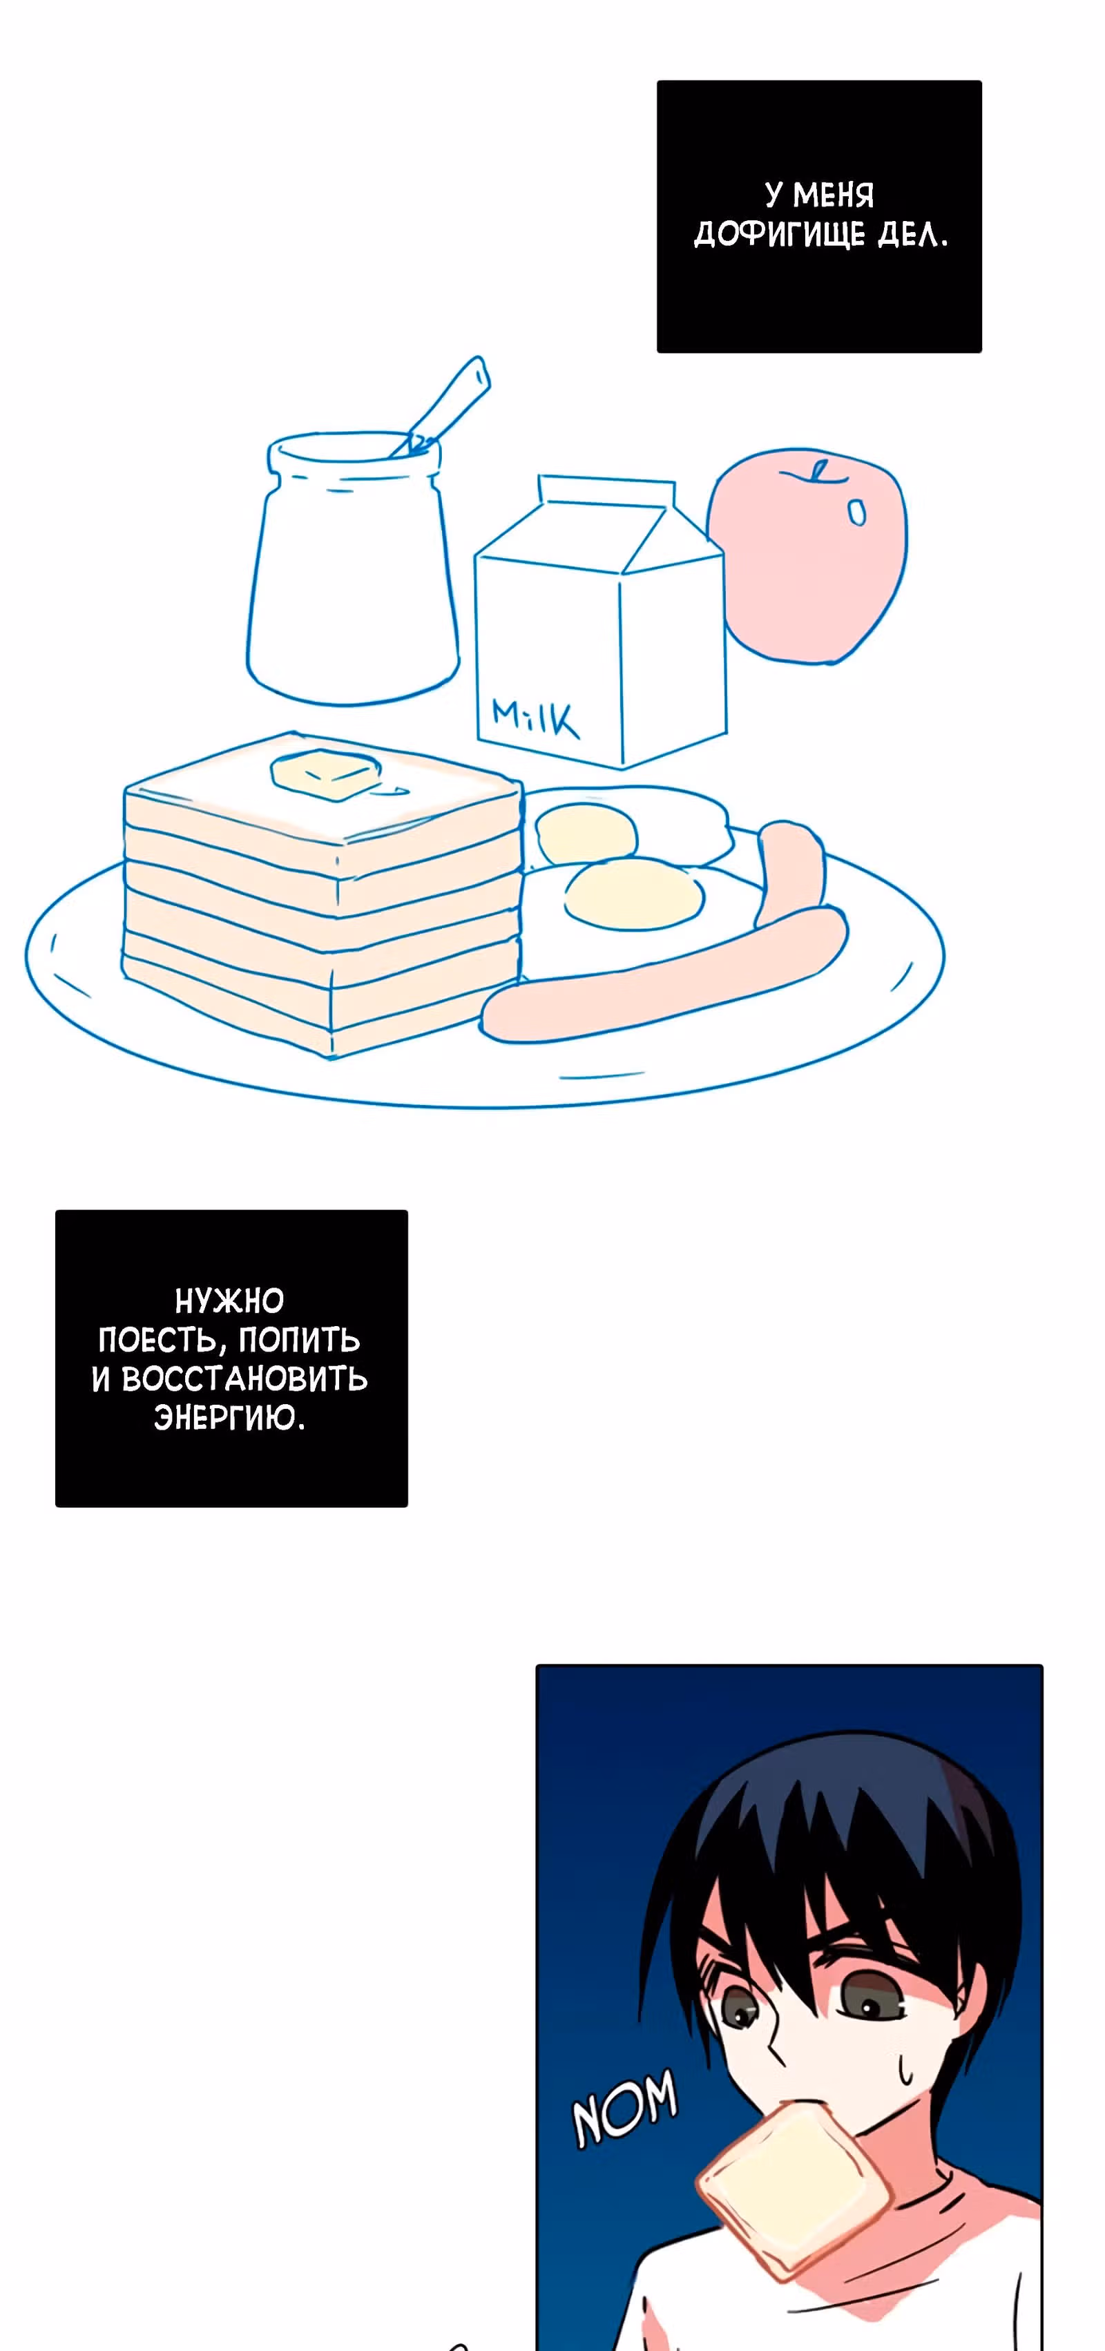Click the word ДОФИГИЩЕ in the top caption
[x=779, y=236]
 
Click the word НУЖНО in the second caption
[x=229, y=1300]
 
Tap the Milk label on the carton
[x=535, y=718]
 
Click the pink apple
[x=807, y=555]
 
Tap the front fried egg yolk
[x=633, y=894]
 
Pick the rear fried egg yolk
[x=584, y=832]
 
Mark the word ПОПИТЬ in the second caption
[x=298, y=1340]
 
